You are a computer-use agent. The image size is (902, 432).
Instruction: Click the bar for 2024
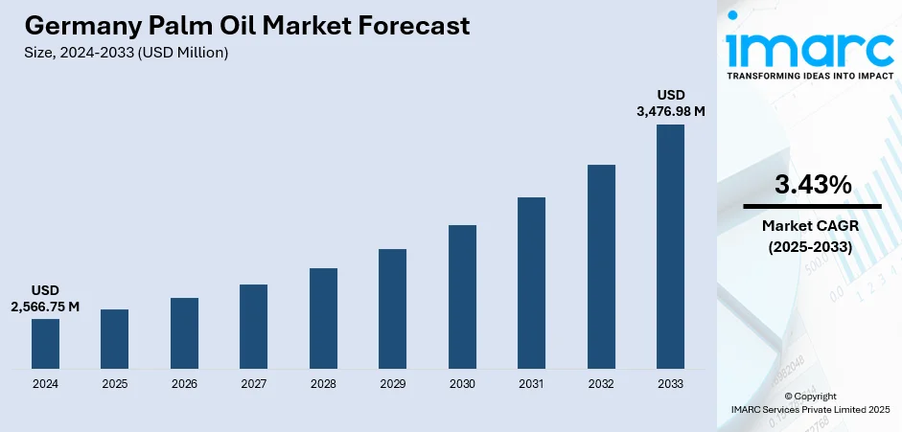point(45,344)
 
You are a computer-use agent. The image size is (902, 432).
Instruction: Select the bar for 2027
point(254,327)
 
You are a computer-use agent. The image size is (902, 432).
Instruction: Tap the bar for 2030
point(462,297)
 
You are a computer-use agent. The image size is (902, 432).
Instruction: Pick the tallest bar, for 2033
point(670,246)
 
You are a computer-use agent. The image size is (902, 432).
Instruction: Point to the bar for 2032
point(601,266)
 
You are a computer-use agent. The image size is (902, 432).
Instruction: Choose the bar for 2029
point(393,308)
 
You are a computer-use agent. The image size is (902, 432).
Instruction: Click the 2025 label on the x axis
point(115,384)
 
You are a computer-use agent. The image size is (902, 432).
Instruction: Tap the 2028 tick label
point(323,384)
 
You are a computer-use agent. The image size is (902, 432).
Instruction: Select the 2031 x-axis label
point(531,384)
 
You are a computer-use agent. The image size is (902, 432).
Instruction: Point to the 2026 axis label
point(184,384)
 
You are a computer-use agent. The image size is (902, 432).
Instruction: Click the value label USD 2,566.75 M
point(45,298)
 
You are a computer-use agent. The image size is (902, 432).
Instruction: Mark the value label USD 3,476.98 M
point(670,103)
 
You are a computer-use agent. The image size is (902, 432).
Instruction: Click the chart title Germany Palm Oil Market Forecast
point(247,26)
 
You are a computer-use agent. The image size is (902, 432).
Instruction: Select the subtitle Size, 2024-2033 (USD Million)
point(126,53)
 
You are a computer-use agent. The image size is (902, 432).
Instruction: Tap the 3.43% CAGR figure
point(812,186)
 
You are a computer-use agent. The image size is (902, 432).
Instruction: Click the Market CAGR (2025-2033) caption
point(812,237)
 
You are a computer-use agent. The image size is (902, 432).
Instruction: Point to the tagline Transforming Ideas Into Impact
point(810,75)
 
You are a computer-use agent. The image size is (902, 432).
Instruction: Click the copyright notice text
point(810,402)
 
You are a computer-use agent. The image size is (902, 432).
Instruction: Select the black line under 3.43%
point(812,206)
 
